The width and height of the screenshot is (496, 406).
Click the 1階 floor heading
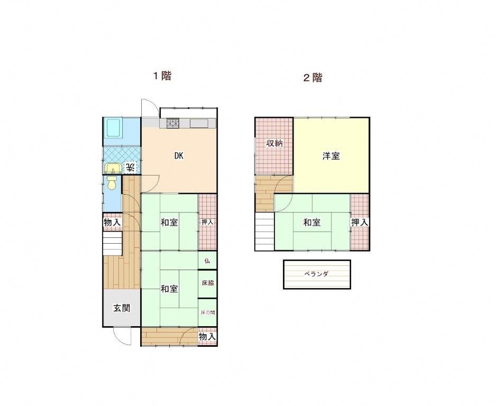tap(162, 76)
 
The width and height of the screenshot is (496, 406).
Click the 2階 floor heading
tap(313, 78)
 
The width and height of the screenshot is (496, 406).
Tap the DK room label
tap(179, 155)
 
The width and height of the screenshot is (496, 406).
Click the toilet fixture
tap(112, 182)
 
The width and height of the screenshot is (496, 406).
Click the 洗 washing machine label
tap(130, 167)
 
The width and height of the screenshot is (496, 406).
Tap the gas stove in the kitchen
tap(173, 123)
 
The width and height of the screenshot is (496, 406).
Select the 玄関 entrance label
tap(122, 308)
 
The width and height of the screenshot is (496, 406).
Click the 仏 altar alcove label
tap(207, 261)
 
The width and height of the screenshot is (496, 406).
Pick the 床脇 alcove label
tap(208, 283)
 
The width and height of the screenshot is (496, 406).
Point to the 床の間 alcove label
tap(208, 312)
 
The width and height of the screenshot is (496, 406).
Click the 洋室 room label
tap(331, 156)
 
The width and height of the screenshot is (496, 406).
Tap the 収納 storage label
tap(274, 143)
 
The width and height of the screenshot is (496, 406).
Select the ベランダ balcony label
tap(317, 274)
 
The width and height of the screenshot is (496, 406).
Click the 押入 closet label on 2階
tap(360, 222)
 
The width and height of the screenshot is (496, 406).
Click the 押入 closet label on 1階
tap(207, 222)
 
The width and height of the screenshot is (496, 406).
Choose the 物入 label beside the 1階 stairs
tap(112, 222)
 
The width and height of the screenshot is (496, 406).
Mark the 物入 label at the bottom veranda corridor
tap(207, 337)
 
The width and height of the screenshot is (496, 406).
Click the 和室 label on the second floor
tap(312, 222)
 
